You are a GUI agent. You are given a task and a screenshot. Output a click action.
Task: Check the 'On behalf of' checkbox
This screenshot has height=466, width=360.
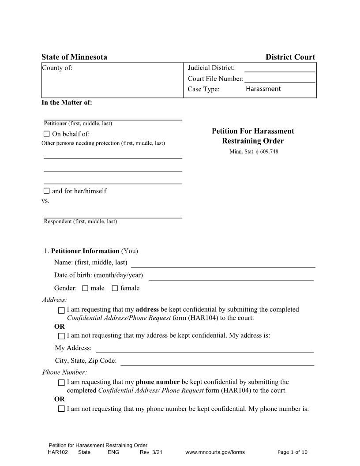47,134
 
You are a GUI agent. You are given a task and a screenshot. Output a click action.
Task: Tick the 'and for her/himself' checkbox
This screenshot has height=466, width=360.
47,191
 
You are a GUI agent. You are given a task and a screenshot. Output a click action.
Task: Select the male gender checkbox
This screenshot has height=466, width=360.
85,288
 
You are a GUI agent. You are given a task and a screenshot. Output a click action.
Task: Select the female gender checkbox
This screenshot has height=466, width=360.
115,288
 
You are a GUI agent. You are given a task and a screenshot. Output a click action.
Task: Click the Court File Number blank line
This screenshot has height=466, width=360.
280,81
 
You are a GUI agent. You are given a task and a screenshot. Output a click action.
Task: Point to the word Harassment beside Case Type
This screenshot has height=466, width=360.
263,89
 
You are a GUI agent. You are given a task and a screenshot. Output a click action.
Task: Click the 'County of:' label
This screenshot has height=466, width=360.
57,68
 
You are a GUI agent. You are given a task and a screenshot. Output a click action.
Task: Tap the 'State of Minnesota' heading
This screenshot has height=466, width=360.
74,57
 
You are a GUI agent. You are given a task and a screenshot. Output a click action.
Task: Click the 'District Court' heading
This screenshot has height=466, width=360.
290,57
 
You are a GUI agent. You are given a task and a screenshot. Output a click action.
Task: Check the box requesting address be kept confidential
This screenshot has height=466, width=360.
61,310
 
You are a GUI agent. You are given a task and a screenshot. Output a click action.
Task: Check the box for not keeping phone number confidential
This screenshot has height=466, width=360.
61,409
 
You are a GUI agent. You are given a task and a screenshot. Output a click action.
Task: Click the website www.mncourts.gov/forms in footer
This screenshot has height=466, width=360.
215,452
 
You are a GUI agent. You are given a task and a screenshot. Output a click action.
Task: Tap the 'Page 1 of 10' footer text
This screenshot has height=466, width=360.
292,452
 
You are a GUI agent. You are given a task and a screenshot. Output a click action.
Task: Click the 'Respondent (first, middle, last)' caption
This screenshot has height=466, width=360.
80,222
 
